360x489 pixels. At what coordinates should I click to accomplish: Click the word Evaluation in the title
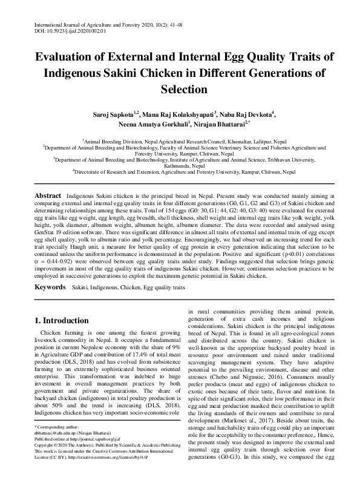[x=67, y=58]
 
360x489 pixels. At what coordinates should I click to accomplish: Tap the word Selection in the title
[x=180, y=89]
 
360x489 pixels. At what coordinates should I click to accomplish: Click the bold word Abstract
[x=47, y=197]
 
